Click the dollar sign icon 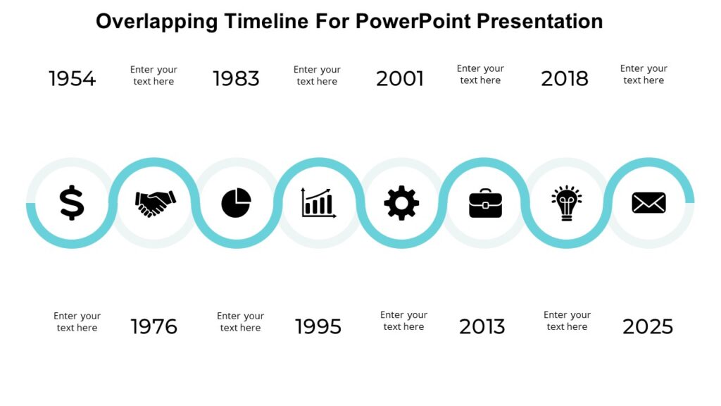click(x=71, y=203)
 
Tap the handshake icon click(x=155, y=203)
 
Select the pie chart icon click(x=237, y=203)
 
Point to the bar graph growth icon click(x=318, y=202)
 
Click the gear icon click(x=401, y=203)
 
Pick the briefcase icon click(x=485, y=203)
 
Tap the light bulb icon click(x=567, y=203)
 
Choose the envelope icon click(x=648, y=203)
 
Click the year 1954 click(x=72, y=79)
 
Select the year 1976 click(x=154, y=327)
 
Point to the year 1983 click(x=236, y=79)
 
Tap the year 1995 click(x=318, y=327)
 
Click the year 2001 click(x=400, y=79)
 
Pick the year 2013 click(x=482, y=327)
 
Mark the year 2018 click(x=565, y=79)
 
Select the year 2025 click(x=648, y=327)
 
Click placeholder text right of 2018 click(x=644, y=74)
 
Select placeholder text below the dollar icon click(x=77, y=322)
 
